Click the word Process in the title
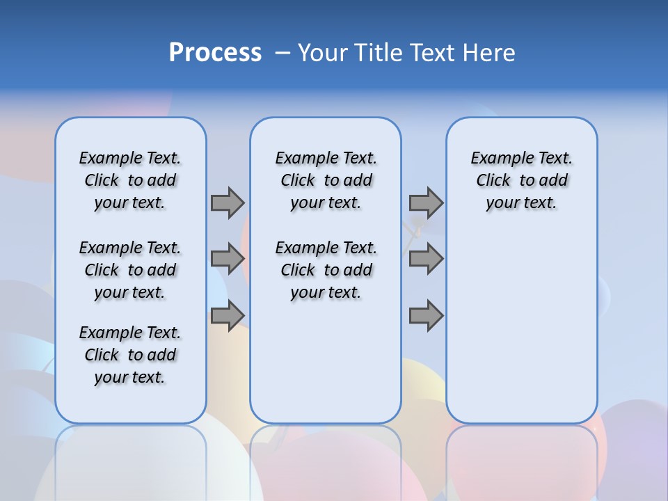click(x=215, y=53)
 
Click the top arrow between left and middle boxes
click(x=228, y=202)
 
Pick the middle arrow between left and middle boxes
click(x=228, y=259)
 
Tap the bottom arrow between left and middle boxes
click(x=228, y=315)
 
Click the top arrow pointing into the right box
click(x=426, y=202)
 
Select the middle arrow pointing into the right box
click(x=426, y=259)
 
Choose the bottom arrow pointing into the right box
click(x=426, y=315)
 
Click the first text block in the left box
click(x=130, y=180)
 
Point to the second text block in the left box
click(x=130, y=270)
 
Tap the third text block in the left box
click(x=130, y=355)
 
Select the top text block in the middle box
click(x=326, y=180)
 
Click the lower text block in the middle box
click(x=326, y=270)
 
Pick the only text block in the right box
click(x=521, y=180)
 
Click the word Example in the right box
click(x=499, y=159)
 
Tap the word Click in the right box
click(x=493, y=181)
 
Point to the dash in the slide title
click(x=283, y=53)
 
